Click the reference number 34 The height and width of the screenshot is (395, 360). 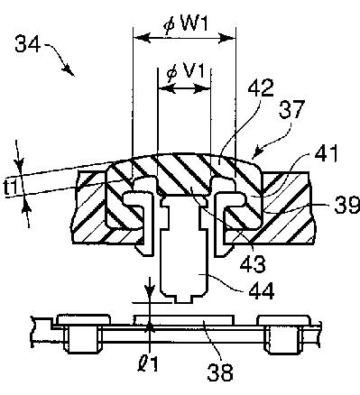27,44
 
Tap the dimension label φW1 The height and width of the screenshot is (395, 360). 186,24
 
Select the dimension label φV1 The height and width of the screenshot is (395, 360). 186,73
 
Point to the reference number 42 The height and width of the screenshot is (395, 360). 261,87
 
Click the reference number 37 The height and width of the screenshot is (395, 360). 291,109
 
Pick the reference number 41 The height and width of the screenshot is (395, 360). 326,154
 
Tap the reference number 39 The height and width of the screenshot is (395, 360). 347,205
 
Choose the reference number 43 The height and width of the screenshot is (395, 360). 254,263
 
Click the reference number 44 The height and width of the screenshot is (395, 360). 261,290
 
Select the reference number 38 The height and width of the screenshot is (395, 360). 220,372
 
